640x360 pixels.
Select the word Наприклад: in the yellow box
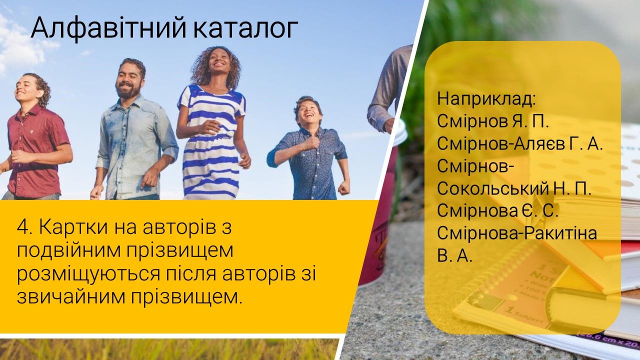pos(486,99)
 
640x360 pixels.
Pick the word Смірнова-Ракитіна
pos(517,233)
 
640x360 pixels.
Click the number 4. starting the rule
pos(24,227)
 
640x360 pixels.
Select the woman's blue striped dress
pos(211,143)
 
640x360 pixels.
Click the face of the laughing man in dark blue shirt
pos(308,113)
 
